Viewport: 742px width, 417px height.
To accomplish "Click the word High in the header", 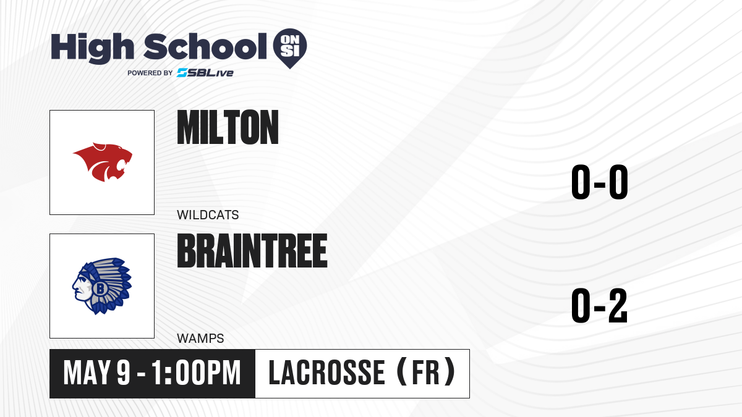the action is pyautogui.click(x=93, y=48).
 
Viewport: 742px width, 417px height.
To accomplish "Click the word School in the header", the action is pyautogui.click(x=205, y=46).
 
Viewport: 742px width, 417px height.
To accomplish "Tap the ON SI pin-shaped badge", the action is pyautogui.click(x=290, y=48).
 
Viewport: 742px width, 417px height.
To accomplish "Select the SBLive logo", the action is pyautogui.click(x=205, y=73).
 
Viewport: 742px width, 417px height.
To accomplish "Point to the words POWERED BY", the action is pyautogui.click(x=150, y=73).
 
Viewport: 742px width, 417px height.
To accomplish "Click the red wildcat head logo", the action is pyautogui.click(x=103, y=162).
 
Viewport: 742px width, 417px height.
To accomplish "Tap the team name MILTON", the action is pyautogui.click(x=228, y=127).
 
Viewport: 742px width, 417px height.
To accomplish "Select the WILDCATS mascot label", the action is pyautogui.click(x=208, y=215).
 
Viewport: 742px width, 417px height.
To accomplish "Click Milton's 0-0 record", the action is pyautogui.click(x=600, y=182).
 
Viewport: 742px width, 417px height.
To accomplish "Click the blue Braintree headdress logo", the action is pyautogui.click(x=102, y=286).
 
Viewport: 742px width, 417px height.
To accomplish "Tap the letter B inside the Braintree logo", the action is pyautogui.click(x=100, y=289).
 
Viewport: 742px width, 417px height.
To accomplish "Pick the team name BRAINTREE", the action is pyautogui.click(x=252, y=251).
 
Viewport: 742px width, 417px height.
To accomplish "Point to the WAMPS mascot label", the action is pyautogui.click(x=200, y=339).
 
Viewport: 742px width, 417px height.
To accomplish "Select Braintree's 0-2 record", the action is pyautogui.click(x=600, y=305).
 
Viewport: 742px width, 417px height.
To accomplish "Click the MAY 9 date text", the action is pyautogui.click(x=96, y=373).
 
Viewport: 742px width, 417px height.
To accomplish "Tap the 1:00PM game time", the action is pyautogui.click(x=196, y=373).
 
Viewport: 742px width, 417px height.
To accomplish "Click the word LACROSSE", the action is pyautogui.click(x=326, y=373).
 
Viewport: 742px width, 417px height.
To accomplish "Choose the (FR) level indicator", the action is pyautogui.click(x=426, y=372).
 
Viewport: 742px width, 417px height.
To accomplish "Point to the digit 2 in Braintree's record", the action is pyautogui.click(x=618, y=305).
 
